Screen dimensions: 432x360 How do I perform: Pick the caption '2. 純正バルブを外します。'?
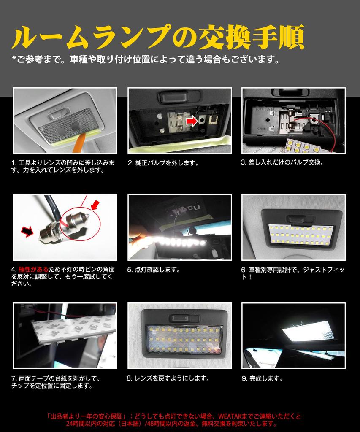click(x=163, y=162)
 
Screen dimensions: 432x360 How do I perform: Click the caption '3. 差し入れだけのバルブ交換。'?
click(x=282, y=162)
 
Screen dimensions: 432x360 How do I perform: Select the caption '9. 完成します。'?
click(x=262, y=378)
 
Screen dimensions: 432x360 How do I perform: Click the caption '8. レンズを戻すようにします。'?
click(x=168, y=378)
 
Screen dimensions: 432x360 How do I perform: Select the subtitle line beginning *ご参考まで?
click(x=146, y=59)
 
